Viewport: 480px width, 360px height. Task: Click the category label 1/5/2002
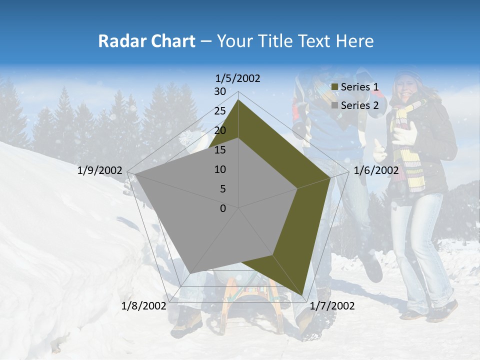(238, 78)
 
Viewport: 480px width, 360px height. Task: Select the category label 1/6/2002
(376, 170)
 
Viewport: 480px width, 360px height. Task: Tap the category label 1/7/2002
(332, 306)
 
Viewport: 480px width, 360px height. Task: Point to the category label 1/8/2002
(143, 306)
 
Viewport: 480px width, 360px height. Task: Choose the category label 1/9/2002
(100, 170)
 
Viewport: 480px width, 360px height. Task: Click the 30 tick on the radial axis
(220, 91)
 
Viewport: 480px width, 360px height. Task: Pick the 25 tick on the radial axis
(220, 111)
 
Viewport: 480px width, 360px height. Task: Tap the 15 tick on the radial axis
(220, 150)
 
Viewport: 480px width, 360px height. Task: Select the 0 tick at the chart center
(223, 208)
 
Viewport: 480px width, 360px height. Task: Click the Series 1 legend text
(359, 87)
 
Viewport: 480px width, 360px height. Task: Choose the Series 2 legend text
(359, 105)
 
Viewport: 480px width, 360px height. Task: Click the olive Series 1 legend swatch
(335, 87)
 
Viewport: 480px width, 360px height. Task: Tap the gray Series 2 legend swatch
(335, 105)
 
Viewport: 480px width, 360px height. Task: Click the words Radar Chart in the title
(146, 41)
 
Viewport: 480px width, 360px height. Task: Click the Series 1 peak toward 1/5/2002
(238, 99)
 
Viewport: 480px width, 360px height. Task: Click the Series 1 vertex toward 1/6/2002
(330, 177)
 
